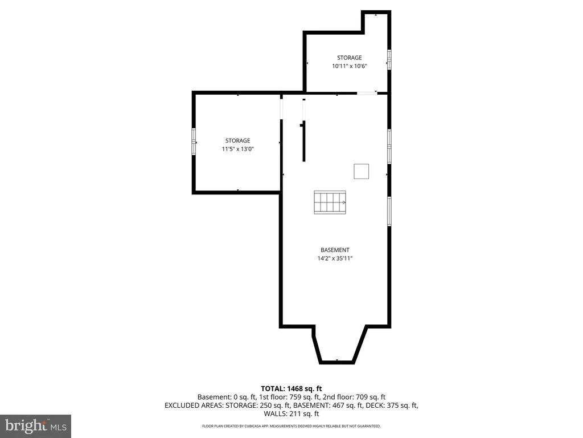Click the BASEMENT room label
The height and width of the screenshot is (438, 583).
coord(335,250)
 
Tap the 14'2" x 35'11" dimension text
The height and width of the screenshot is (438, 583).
coord(335,258)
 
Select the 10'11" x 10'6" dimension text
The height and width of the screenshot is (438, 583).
coord(350,66)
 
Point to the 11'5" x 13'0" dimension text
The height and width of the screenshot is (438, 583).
coord(237,149)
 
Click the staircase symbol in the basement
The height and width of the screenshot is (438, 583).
coord(330,202)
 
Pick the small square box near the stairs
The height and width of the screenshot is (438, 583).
coord(361,171)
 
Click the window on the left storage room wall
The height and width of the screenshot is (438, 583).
coord(194,141)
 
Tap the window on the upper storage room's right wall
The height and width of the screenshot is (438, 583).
coord(389,59)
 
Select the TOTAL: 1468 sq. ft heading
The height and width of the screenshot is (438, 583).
coord(291,389)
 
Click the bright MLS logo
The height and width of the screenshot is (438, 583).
coord(35,426)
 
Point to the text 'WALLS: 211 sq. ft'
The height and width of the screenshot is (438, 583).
coord(291,413)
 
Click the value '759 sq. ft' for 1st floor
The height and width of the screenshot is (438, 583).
coord(305,397)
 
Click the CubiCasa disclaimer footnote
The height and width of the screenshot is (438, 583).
coord(291,426)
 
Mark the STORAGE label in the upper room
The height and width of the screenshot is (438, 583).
coord(350,58)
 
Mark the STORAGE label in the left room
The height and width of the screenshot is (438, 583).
coord(237,141)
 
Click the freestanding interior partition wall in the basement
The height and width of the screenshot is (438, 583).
coord(304,141)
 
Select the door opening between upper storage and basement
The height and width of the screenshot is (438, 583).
coord(367,93)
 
